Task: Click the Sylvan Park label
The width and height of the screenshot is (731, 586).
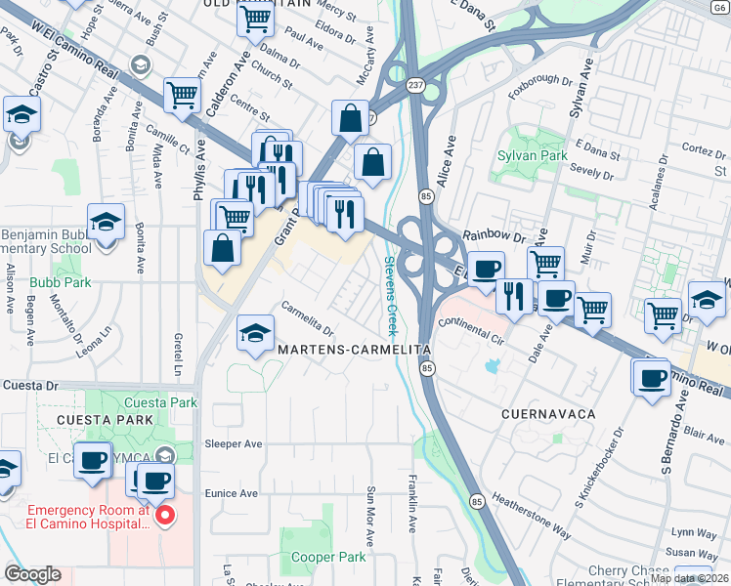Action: pyautogui.click(x=532, y=155)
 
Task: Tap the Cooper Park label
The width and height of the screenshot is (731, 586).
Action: pyautogui.click(x=328, y=557)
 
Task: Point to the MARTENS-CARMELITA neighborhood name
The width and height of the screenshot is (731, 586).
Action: pyautogui.click(x=354, y=349)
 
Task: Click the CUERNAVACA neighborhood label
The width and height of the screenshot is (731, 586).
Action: pyautogui.click(x=548, y=414)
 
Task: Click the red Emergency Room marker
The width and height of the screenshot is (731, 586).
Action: pyautogui.click(x=165, y=515)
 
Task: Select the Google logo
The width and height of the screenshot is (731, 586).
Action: pyautogui.click(x=31, y=574)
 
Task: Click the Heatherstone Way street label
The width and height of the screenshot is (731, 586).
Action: pyautogui.click(x=532, y=514)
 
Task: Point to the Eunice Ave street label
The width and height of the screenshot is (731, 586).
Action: pyautogui.click(x=232, y=494)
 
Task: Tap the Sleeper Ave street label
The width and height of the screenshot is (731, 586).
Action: pyautogui.click(x=234, y=443)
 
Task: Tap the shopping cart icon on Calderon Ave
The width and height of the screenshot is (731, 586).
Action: pyautogui.click(x=182, y=95)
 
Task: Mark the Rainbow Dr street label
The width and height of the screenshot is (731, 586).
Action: pyautogui.click(x=494, y=235)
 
